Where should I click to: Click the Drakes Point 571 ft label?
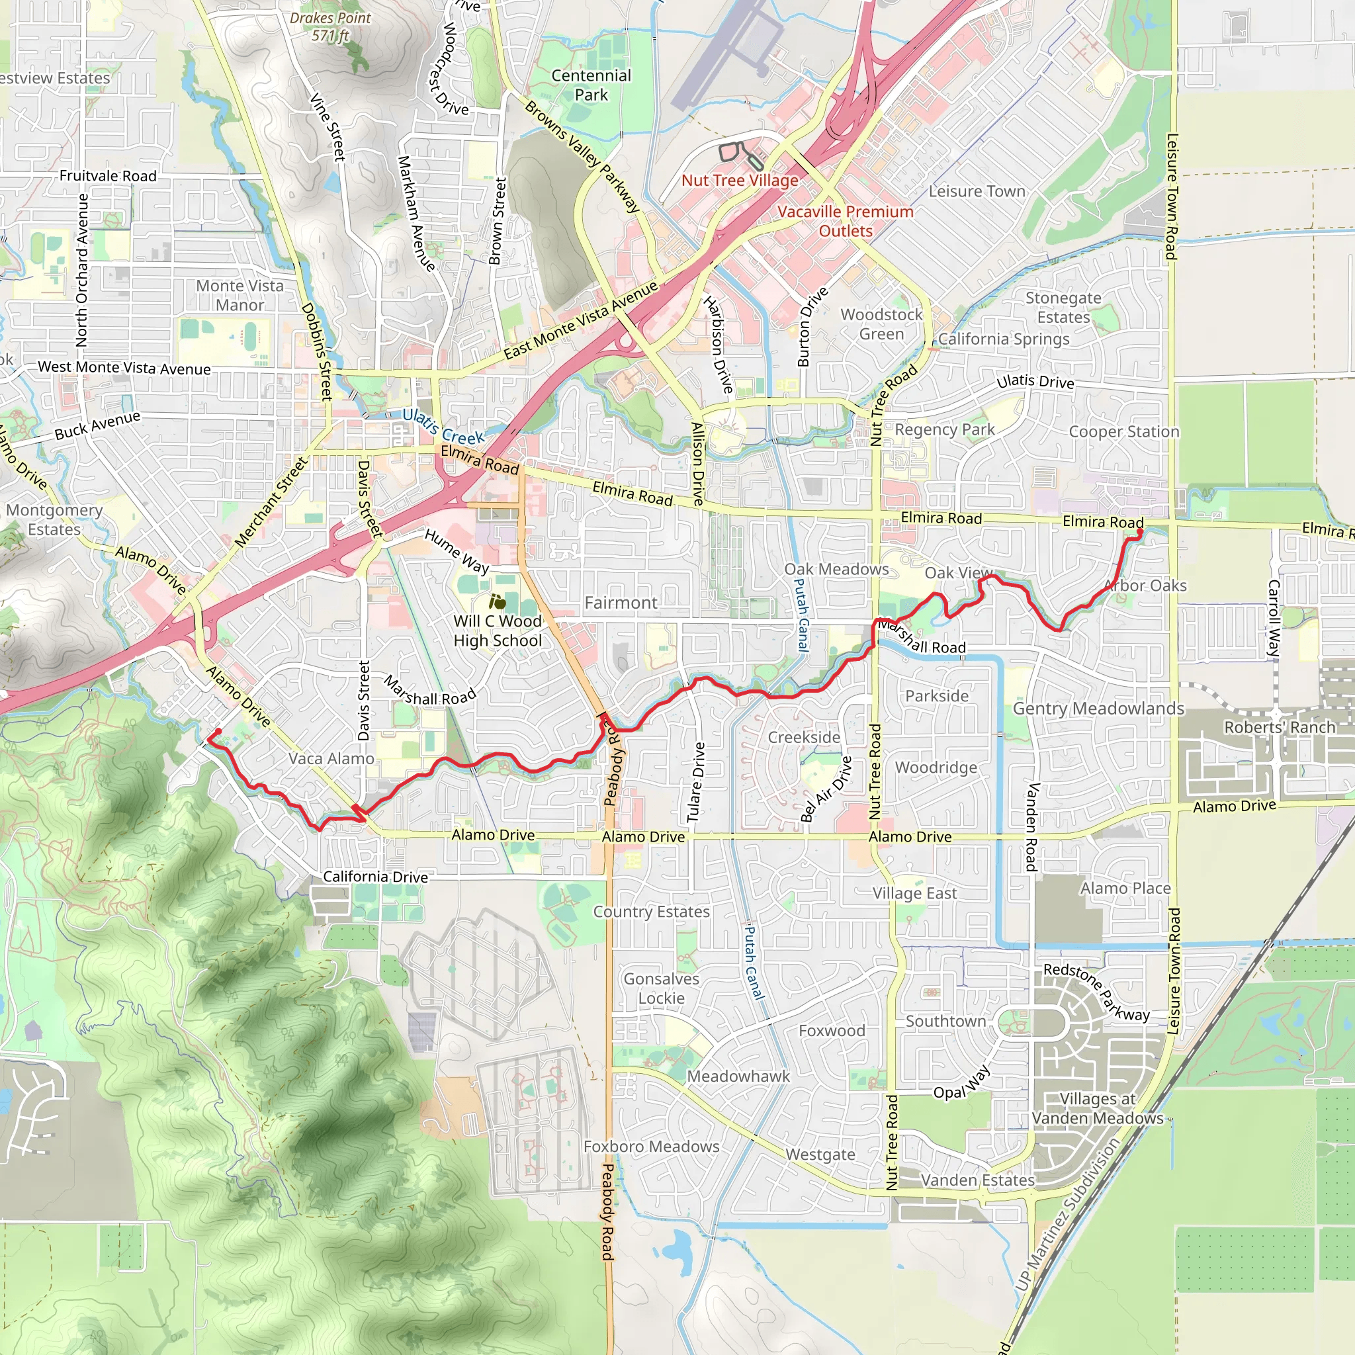click(x=329, y=26)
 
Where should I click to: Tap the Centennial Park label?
click(x=591, y=85)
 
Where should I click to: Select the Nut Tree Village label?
click(x=739, y=180)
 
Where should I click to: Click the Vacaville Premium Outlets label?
click(x=845, y=221)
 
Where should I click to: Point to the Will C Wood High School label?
click(x=498, y=631)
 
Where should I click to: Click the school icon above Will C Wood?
click(x=498, y=602)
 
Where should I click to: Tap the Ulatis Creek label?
click(x=443, y=427)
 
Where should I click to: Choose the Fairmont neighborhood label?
click(x=621, y=603)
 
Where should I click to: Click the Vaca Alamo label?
click(x=331, y=758)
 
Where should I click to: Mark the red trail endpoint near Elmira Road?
click(x=1139, y=533)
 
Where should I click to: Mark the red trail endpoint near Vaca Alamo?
click(x=218, y=732)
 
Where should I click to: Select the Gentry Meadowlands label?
click(x=1098, y=709)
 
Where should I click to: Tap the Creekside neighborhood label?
click(x=804, y=737)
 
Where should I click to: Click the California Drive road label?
click(x=375, y=877)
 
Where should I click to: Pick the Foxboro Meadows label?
click(x=651, y=1146)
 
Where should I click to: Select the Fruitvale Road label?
click(x=108, y=175)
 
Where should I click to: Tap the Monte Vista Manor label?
click(x=240, y=295)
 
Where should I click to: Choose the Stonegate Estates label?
click(x=1063, y=307)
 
